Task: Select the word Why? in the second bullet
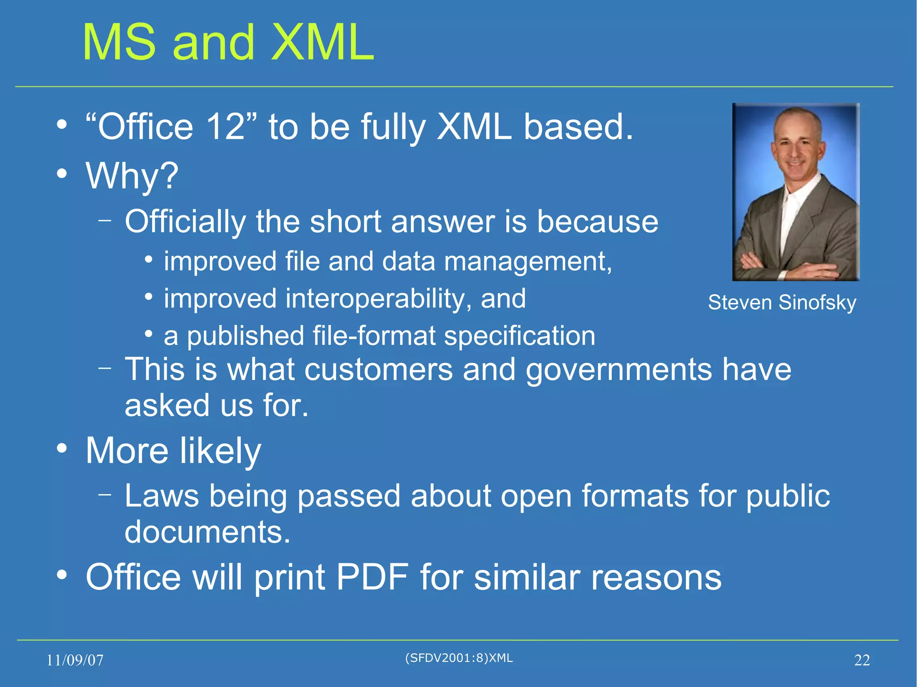click(132, 175)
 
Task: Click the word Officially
click(185, 222)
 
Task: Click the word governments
click(619, 370)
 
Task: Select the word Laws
click(162, 496)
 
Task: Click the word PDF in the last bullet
click(372, 577)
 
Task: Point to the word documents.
click(207, 532)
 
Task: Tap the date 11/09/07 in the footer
click(75, 660)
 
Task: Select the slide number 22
click(862, 660)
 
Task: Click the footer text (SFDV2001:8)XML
click(458, 658)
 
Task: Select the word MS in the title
click(120, 43)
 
